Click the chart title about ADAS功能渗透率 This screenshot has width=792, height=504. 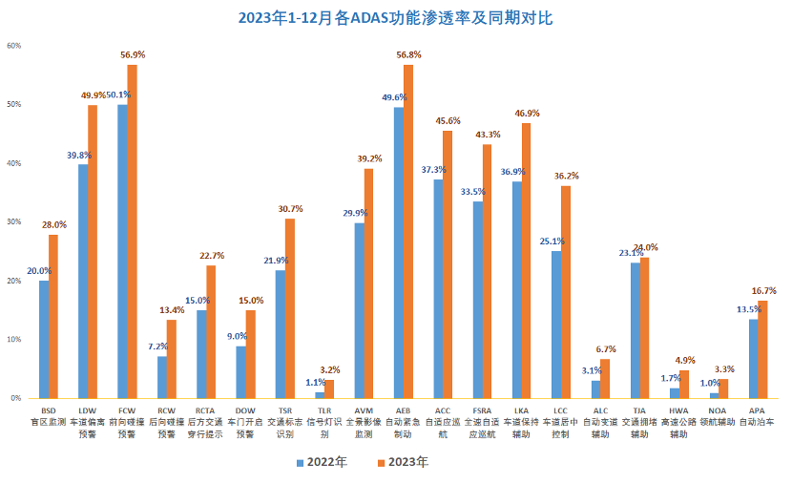[x=395, y=18]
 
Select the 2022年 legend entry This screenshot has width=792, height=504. [x=321, y=462]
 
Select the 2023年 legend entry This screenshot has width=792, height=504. [x=402, y=462]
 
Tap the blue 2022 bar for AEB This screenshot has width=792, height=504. [x=399, y=252]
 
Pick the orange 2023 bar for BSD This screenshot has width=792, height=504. [x=53, y=316]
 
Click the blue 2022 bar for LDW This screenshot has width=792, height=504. [x=83, y=281]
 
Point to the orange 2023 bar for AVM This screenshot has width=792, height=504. [x=369, y=283]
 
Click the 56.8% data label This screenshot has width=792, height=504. [x=409, y=55]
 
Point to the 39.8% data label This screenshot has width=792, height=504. [x=79, y=155]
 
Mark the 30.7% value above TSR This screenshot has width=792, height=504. [x=290, y=209]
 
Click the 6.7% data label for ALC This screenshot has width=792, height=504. [x=606, y=349]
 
